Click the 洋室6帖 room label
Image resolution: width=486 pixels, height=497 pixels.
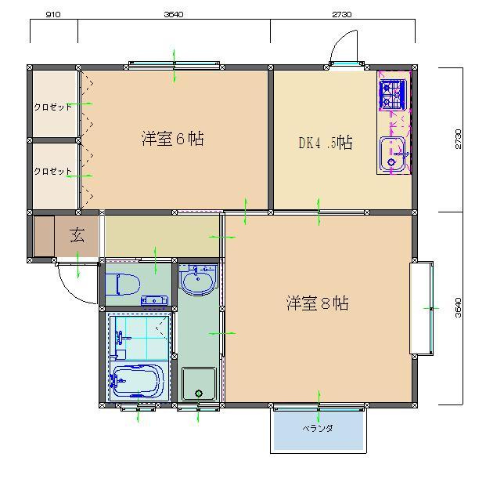(x=172, y=139)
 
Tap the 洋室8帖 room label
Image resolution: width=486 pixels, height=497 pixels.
(x=318, y=303)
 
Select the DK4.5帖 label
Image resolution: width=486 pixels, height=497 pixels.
(x=326, y=143)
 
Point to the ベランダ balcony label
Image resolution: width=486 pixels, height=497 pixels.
(x=318, y=429)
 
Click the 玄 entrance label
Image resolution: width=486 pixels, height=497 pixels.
(x=77, y=235)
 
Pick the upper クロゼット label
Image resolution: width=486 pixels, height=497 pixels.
(x=53, y=107)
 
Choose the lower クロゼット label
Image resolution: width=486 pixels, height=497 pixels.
(x=53, y=172)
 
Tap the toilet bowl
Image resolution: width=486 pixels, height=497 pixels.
(x=123, y=285)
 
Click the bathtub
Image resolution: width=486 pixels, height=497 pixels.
(x=137, y=381)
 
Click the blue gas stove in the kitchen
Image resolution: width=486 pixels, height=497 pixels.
(x=393, y=94)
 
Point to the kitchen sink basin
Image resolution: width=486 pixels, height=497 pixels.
(x=392, y=154)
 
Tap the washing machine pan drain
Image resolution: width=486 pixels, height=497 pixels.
(x=199, y=394)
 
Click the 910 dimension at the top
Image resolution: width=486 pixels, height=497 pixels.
(x=53, y=14)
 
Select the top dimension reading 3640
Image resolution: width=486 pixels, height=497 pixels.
(x=174, y=14)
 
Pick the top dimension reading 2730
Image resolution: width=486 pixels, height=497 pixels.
(x=342, y=14)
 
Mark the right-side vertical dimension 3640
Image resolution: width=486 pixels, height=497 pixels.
(x=458, y=307)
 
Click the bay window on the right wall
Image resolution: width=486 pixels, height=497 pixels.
(x=422, y=308)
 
